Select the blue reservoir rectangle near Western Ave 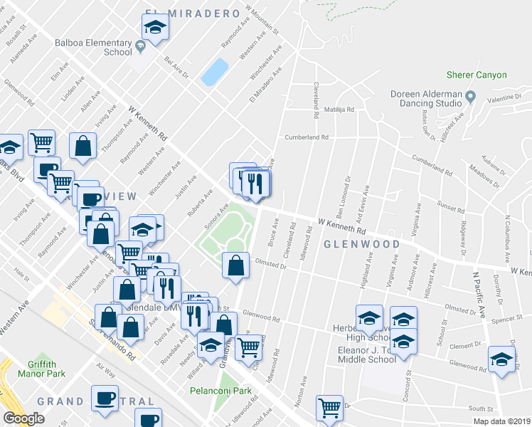click(x=215, y=71)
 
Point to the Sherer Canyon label click(x=477, y=75)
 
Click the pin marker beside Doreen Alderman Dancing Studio click(x=470, y=95)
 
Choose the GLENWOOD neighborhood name click(x=361, y=244)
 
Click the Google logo click(x=24, y=418)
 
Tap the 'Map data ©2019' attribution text click(x=501, y=421)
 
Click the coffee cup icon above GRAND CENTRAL click(x=105, y=398)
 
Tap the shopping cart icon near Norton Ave click(x=329, y=408)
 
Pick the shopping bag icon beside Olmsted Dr click(x=235, y=265)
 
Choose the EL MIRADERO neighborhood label click(x=181, y=13)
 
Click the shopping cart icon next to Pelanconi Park click(x=248, y=348)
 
